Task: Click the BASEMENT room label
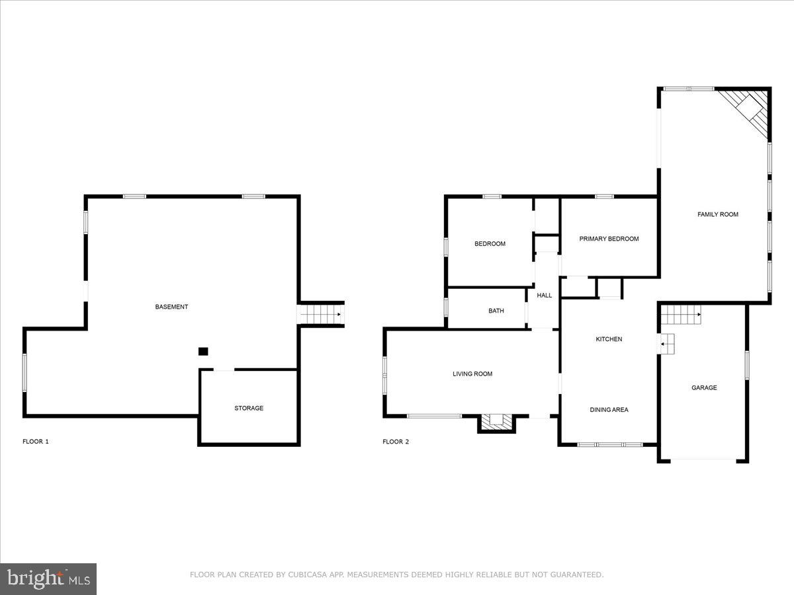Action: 171,307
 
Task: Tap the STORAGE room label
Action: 249,409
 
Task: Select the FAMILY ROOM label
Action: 718,214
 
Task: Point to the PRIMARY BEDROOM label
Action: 609,239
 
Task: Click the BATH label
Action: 496,311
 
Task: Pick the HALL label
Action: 545,296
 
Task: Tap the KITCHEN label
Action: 609,339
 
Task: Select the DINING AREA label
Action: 609,410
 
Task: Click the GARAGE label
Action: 704,388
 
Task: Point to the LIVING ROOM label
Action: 472,374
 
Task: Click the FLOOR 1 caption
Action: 36,442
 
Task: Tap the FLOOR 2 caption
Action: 396,442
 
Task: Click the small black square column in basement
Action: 204,352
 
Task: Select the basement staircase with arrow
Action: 321,315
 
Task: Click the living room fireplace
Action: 496,422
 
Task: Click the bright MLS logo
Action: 48,579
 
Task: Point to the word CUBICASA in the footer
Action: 306,575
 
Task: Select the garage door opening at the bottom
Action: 703,459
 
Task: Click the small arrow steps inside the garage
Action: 668,344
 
